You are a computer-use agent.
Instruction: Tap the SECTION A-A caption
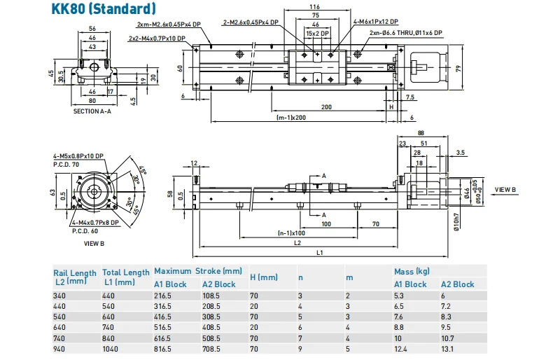pos(92,111)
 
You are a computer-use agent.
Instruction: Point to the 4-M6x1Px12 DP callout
pos(375,22)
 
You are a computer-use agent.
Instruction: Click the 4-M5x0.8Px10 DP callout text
pos(78,155)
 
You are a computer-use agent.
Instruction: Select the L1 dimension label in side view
pos(319,251)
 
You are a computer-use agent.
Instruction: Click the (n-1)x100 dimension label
pos(290,233)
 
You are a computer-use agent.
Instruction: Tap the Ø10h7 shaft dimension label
pos(456,221)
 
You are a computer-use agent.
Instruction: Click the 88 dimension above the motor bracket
pos(420,133)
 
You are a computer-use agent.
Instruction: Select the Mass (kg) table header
pos(412,271)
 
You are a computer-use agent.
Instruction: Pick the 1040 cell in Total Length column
pos(113,348)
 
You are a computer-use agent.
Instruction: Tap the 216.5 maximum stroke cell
pos(165,296)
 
